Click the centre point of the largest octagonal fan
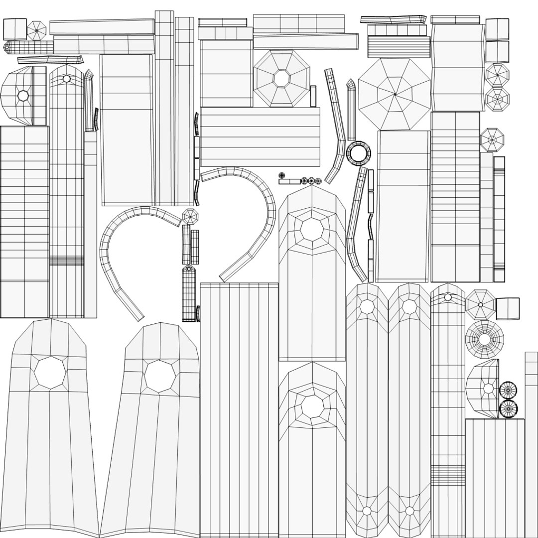[395, 94]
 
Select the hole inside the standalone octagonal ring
[281, 78]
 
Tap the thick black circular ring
[359, 153]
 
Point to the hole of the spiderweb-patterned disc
[484, 339]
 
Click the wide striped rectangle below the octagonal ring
[260, 136]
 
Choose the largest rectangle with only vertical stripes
[239, 408]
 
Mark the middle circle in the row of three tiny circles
[312, 181]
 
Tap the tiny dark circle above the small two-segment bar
[281, 175]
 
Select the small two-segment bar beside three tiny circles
[289, 181]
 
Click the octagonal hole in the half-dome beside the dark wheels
[488, 388]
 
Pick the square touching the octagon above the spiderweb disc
[508, 308]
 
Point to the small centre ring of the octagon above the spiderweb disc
[481, 305]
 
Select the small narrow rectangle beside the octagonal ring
[313, 96]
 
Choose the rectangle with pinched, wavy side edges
[457, 67]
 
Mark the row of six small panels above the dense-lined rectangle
[397, 30]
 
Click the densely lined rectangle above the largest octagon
[399, 47]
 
